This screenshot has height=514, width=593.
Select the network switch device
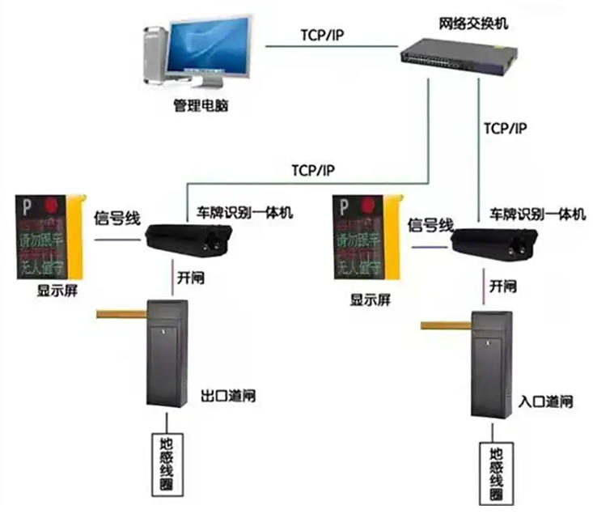pyautogui.click(x=459, y=54)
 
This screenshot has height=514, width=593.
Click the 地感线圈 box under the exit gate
pyautogui.click(x=167, y=465)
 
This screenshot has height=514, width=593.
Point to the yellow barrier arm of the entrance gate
pyautogui.click(x=445, y=327)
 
